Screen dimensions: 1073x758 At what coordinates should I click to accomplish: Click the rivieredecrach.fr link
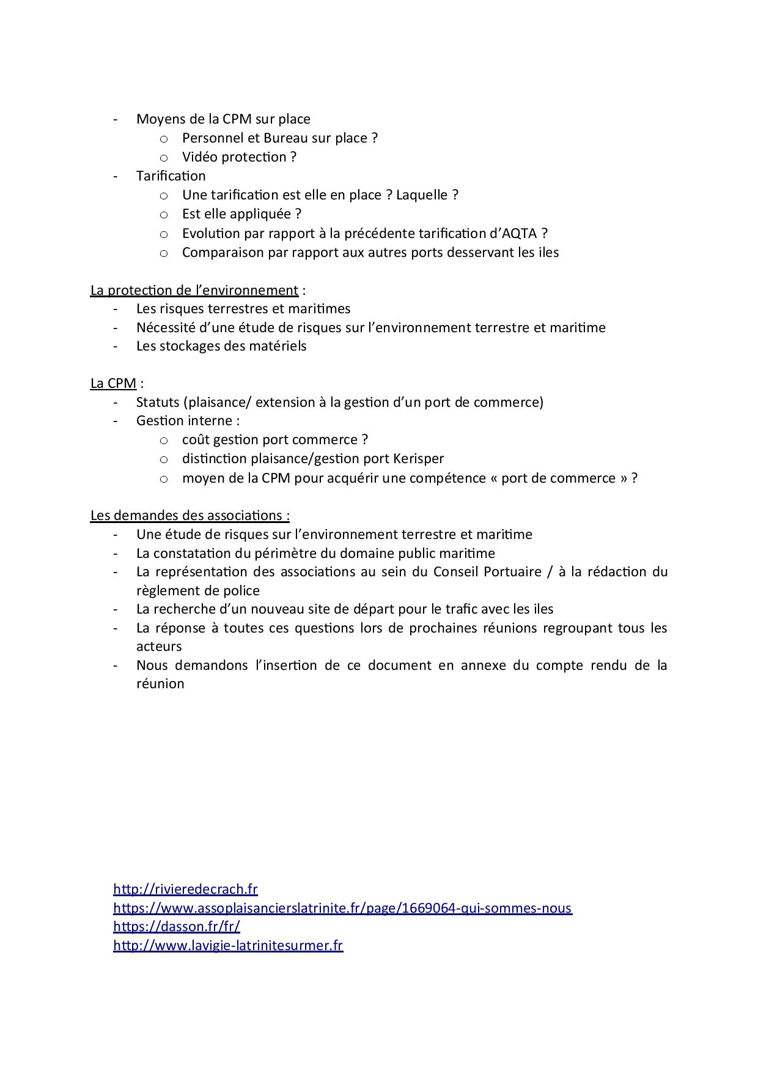click(x=185, y=889)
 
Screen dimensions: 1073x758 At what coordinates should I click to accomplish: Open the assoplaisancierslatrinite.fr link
click(x=342, y=908)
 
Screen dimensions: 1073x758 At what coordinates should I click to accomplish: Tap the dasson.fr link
click(x=176, y=926)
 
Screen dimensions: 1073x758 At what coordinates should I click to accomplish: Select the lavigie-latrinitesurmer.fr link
click(x=228, y=945)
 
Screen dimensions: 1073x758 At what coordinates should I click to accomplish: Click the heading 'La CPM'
click(x=113, y=384)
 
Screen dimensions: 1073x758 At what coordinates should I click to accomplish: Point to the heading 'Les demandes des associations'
click(x=189, y=515)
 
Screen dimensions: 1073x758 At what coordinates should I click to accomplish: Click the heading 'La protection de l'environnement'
click(x=194, y=290)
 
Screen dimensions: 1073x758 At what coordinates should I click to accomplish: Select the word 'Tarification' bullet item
click(x=171, y=176)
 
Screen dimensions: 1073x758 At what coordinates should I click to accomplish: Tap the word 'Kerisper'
click(x=419, y=459)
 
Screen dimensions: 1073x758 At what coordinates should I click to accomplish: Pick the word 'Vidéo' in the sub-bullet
click(x=199, y=157)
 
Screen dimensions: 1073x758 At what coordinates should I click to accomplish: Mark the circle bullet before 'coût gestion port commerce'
click(x=163, y=440)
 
